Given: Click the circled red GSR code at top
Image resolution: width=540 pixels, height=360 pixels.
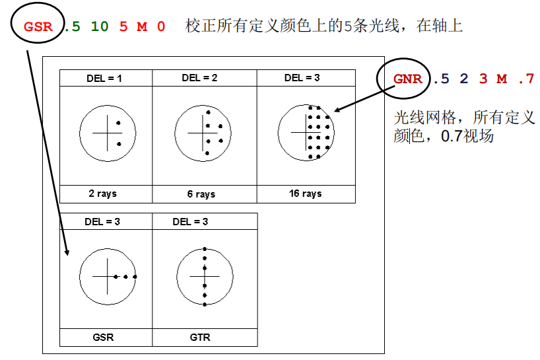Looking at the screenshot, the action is [38, 26].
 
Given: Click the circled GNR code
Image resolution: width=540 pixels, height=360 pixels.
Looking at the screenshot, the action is [408, 79].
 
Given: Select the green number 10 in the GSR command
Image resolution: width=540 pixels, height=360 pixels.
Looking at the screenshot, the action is [100, 26].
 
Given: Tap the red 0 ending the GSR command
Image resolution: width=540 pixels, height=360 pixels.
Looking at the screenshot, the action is [161, 26].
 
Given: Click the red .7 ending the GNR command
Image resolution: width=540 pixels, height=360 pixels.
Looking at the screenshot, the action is [526, 79].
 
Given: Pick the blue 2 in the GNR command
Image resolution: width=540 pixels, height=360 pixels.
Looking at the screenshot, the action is [464, 79].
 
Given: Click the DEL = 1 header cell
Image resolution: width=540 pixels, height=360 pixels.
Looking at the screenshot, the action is [104, 78].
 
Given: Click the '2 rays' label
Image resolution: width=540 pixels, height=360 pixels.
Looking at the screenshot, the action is [102, 194].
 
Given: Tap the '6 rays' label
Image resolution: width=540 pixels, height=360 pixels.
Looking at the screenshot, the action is [201, 194].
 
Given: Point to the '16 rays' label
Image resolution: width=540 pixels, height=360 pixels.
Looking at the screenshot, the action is [306, 194].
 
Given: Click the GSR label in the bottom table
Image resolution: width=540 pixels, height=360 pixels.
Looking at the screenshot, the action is [103, 338].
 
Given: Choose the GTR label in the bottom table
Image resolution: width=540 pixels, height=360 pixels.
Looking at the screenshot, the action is [200, 338].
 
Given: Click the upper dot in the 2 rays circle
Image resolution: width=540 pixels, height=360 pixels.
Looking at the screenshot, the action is [118, 123].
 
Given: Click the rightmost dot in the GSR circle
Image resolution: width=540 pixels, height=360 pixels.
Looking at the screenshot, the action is [135, 277].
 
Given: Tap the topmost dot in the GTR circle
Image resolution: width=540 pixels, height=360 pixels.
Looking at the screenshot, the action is [205, 249].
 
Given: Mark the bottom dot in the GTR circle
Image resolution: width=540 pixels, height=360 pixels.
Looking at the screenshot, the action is [205, 305].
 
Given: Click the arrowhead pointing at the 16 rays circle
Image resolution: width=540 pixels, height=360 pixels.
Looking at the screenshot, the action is [337, 110].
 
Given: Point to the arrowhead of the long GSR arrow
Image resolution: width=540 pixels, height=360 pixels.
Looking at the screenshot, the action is [67, 252].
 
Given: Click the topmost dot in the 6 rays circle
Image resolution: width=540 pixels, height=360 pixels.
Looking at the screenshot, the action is [209, 112].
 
